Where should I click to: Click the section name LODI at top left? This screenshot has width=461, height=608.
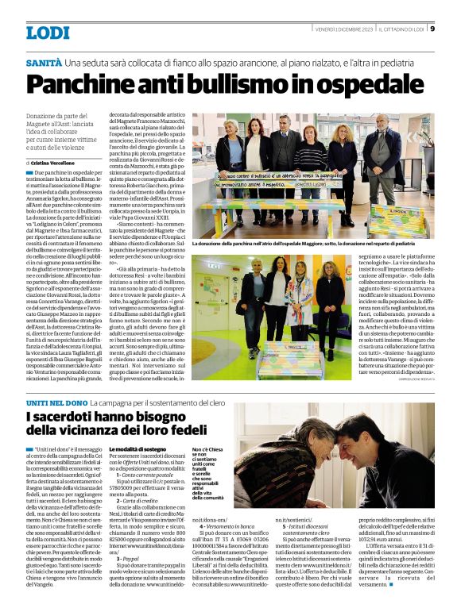click(x=48, y=33)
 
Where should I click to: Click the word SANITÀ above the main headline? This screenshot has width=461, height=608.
click(x=43, y=62)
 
